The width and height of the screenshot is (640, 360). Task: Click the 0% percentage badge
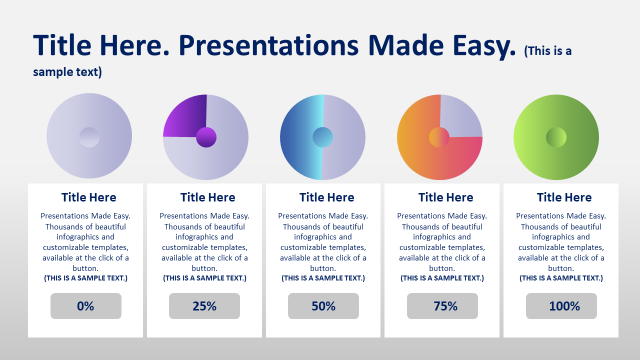click(x=85, y=305)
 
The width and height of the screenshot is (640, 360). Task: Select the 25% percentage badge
click(x=204, y=305)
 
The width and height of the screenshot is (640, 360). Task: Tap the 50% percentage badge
click(x=323, y=305)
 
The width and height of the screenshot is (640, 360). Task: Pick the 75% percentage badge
click(x=442, y=305)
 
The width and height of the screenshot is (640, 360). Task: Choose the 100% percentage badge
click(x=561, y=305)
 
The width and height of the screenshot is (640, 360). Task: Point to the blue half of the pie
click(x=298, y=137)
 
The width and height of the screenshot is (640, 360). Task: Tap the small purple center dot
click(x=206, y=137)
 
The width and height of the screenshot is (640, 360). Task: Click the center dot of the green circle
click(x=556, y=137)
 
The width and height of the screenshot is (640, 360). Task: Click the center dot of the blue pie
click(x=322, y=137)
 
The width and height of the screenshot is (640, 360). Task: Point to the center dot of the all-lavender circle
click(x=89, y=137)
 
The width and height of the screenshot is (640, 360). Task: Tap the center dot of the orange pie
click(x=439, y=137)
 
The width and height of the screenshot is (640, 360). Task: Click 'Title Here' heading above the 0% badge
click(x=88, y=197)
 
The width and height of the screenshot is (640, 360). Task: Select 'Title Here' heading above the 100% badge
click(x=564, y=197)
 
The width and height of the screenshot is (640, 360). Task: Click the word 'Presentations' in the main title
click(x=268, y=45)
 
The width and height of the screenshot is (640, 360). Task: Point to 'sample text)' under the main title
click(x=67, y=72)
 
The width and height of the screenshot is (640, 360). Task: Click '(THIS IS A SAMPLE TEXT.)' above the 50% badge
click(x=323, y=278)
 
